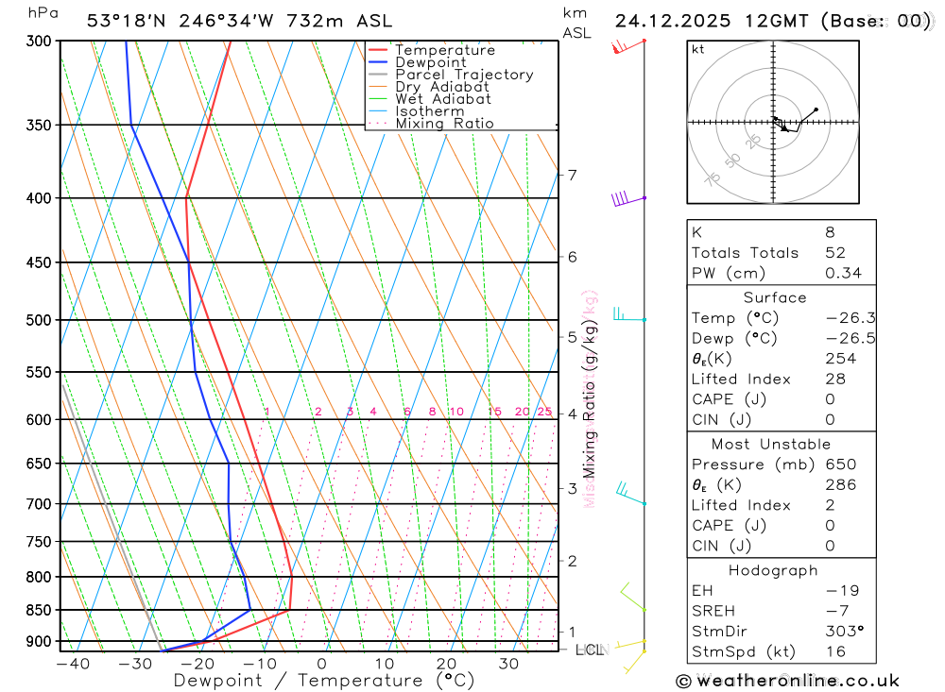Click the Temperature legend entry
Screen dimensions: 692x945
pyautogui.click(x=444, y=50)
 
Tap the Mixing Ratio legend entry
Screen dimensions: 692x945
pyautogui.click(x=444, y=124)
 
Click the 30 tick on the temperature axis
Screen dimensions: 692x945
pyautogui.click(x=508, y=664)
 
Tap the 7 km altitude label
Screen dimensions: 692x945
pyautogui.click(x=572, y=175)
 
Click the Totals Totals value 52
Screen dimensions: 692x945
pyautogui.click(x=835, y=253)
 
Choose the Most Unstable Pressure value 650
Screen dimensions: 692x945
pyautogui.click(x=840, y=464)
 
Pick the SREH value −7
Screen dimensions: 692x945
pyautogui.click(x=836, y=611)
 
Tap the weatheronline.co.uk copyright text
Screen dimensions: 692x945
pyautogui.click(x=787, y=681)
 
